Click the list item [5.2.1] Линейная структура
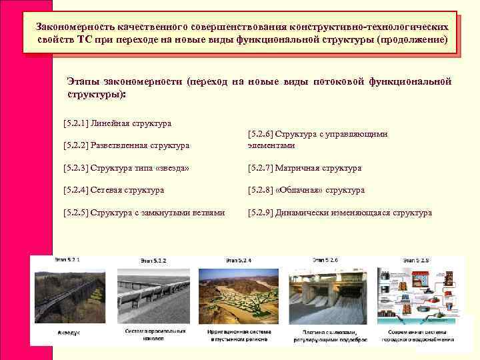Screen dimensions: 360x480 coord(117,123)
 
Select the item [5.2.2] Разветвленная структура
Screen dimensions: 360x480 coord(126,145)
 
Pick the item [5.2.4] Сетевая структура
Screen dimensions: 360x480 coord(113,190)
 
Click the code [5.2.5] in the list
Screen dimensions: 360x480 coord(75,213)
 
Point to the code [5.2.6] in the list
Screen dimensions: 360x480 coord(260,134)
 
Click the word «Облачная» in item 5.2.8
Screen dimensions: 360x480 coord(297,190)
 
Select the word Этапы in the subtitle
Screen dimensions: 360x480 coord(83,81)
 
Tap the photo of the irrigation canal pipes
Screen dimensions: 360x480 coord(155,293)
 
